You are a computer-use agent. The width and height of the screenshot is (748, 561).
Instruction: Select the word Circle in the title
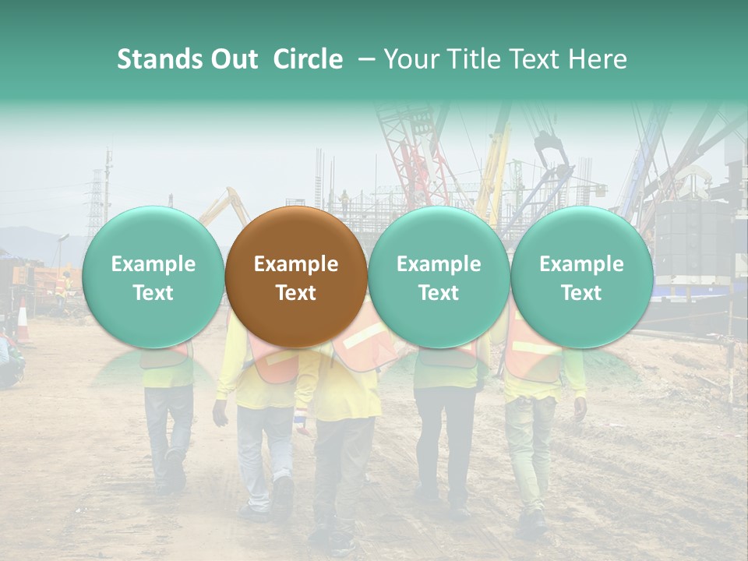[x=308, y=59]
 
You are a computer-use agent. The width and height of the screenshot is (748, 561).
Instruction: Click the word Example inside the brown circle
[x=295, y=264]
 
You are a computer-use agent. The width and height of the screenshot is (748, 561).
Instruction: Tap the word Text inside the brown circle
[x=295, y=293]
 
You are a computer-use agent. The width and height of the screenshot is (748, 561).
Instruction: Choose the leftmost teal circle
[x=153, y=277]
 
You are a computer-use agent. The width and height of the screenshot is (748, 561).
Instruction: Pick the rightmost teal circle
[x=581, y=277]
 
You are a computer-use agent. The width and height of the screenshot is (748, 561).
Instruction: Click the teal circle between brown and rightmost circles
[x=439, y=277]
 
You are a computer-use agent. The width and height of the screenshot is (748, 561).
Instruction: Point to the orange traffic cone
[x=23, y=319]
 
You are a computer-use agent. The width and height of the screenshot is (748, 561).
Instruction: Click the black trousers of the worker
[x=443, y=436]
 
